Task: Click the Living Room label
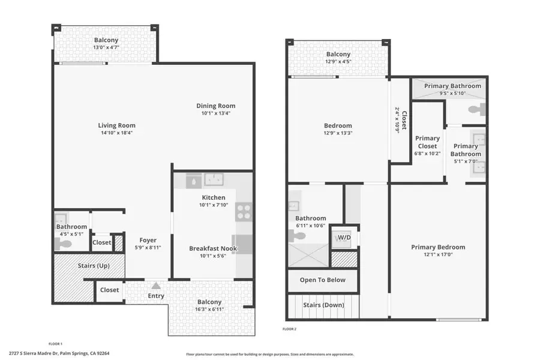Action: click(x=117, y=125)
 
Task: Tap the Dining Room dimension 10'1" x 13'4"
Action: click(x=215, y=113)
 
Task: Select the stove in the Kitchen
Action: click(x=244, y=211)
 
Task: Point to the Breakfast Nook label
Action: click(x=213, y=248)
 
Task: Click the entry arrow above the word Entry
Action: click(x=156, y=286)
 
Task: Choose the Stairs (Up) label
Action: click(x=93, y=264)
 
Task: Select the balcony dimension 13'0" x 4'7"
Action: click(x=105, y=47)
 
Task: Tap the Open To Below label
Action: click(x=322, y=280)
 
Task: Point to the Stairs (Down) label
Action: click(x=323, y=305)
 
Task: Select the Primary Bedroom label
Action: click(x=438, y=247)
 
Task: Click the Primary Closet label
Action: click(x=427, y=142)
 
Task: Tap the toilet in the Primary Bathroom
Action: click(x=476, y=110)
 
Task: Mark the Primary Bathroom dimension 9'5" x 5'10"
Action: click(x=452, y=93)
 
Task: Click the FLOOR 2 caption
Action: click(x=290, y=329)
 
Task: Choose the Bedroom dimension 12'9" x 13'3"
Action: click(x=338, y=133)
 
